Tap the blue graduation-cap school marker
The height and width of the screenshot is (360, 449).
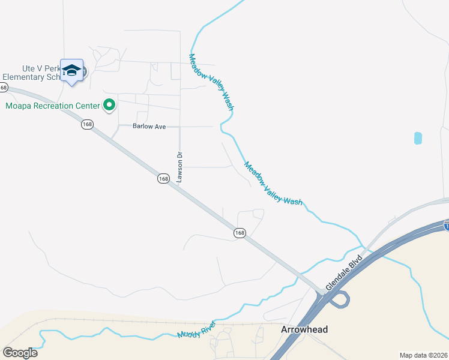pos(72,71)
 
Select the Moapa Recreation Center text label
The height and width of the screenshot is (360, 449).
pos(52,106)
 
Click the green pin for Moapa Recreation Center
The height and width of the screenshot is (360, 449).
pos(109,106)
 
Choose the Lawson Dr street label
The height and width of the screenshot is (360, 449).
pos(179,167)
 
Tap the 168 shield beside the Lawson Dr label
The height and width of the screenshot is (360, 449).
pos(164,179)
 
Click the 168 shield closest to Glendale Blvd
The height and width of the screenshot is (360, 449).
pos(240,233)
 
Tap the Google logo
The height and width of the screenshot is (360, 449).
pos(20,352)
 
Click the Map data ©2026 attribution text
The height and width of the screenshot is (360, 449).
pos(423,355)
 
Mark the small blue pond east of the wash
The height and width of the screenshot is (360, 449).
pos(418,138)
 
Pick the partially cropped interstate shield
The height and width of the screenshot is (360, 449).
pos(446,226)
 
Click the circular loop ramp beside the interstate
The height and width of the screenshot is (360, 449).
pos(340,299)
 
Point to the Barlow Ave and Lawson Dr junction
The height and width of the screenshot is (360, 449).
pos(179,127)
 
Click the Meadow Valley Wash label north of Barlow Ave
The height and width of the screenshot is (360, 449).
pos(211,82)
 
